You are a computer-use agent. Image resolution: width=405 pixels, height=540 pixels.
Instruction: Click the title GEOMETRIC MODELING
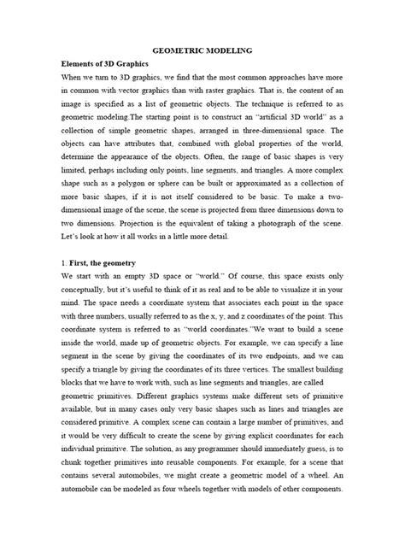(x=202, y=50)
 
